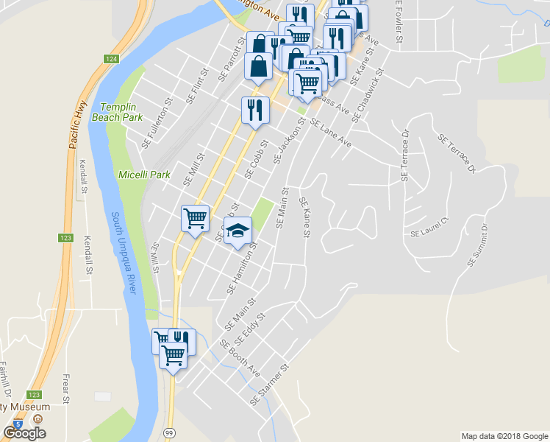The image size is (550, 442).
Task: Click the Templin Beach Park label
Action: tap(117, 111)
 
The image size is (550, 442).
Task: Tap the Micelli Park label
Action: tap(144, 175)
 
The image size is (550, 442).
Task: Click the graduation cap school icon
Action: tap(238, 231)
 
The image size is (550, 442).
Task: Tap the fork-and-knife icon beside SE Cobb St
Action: tap(254, 110)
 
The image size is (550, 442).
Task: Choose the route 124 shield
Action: tap(111, 59)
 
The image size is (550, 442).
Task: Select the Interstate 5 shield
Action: tap(18, 424)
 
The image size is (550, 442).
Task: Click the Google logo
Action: tap(24, 433)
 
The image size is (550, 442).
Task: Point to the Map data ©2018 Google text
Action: tap(504, 436)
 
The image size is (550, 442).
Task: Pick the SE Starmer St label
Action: tap(271, 386)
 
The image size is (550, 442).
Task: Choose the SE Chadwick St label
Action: tap(368, 97)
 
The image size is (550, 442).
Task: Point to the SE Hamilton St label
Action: tap(242, 268)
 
